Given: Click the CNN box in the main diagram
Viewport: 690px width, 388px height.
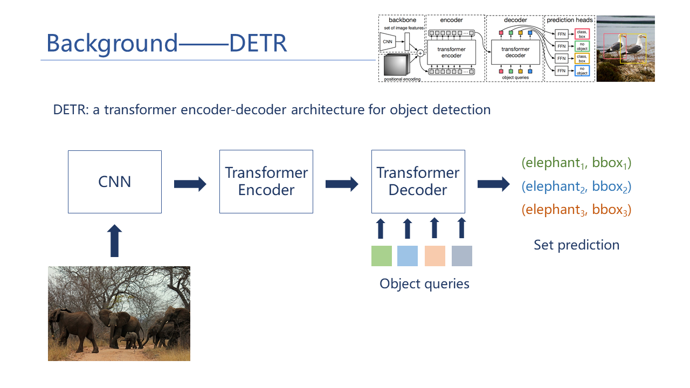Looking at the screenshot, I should click(115, 182).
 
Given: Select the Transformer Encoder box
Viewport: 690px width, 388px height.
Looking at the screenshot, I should click(266, 182).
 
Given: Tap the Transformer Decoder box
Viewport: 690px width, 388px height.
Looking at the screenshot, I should click(418, 182).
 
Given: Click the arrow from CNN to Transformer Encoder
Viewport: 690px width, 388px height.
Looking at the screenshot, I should click(190, 184).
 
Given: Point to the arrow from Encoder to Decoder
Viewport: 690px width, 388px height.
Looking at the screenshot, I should click(342, 184).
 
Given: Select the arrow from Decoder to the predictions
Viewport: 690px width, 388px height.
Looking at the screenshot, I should click(493, 184).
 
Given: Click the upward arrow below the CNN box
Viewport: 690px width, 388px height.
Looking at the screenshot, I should click(115, 241).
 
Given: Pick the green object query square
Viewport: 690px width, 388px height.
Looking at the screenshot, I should click(382, 256).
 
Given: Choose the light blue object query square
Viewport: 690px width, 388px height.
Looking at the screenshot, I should click(408, 256).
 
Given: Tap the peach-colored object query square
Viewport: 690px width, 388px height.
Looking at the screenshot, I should click(434, 256).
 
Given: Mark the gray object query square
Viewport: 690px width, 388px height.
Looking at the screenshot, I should click(461, 256).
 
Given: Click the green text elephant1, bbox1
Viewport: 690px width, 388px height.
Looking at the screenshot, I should click(576, 163).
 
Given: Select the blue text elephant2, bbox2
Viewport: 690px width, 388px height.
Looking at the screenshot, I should click(576, 187).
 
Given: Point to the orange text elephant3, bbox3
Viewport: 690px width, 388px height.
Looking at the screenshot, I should click(576, 210).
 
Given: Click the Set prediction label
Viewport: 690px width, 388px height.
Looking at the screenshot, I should click(576, 245).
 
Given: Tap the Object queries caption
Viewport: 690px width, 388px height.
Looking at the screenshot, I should click(424, 284).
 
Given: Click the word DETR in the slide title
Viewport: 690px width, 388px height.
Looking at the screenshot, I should click(258, 43).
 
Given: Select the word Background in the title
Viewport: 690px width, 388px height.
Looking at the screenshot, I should click(112, 43).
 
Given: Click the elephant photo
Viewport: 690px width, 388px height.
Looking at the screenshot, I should click(119, 314).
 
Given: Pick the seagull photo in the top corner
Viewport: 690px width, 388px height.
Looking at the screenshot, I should click(625, 48).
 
